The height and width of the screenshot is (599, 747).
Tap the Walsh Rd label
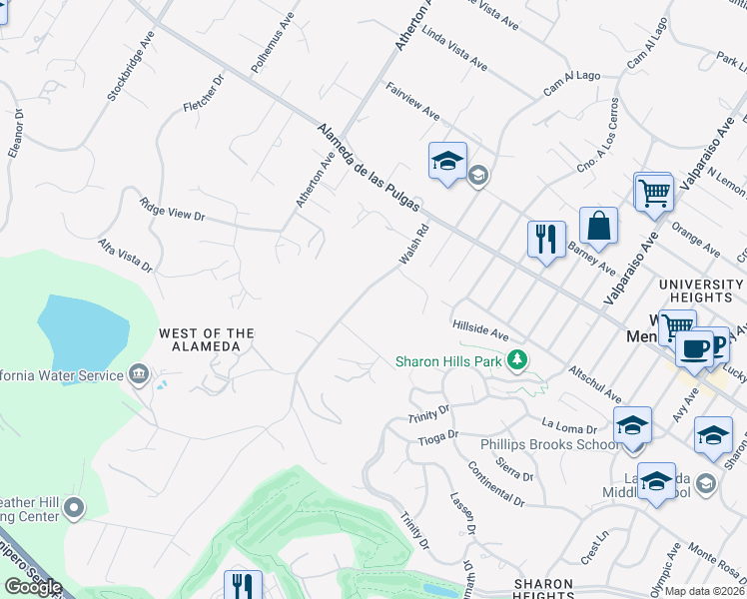point(413,245)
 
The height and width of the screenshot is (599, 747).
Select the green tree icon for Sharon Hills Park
point(516,360)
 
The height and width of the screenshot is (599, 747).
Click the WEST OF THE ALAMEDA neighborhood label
point(206,339)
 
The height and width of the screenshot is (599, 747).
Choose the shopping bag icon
point(597,227)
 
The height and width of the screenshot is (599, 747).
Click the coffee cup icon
point(694,348)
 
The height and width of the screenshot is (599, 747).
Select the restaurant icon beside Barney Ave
point(545,240)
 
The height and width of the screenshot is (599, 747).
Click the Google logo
point(32,587)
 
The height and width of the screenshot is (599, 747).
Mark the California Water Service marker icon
point(139,375)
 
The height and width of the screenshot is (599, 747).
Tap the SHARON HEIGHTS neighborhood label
point(544,589)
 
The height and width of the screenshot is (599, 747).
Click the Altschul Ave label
point(596,383)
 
